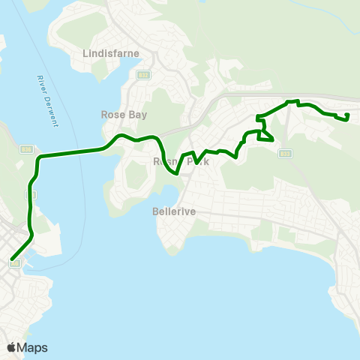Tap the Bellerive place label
coord(174,211)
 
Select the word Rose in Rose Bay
coord(112,115)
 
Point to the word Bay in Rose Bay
coord(137,115)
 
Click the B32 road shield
coord(142,75)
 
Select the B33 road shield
coord(284,154)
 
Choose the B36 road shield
coord(26,148)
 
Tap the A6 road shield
coord(15,263)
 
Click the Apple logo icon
coord(11,348)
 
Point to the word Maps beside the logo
coord(32,348)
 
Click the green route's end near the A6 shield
coord(12,259)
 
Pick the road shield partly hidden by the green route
coord(31,194)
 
